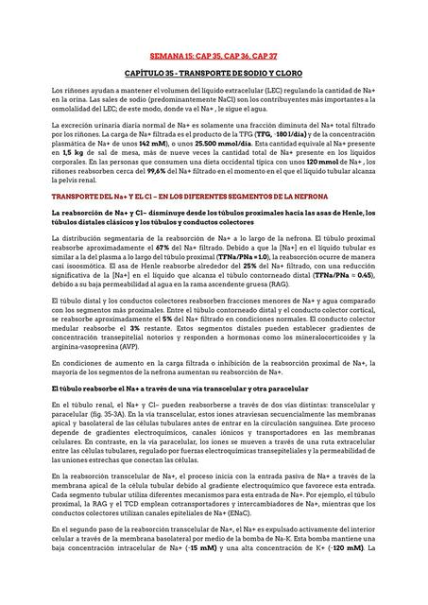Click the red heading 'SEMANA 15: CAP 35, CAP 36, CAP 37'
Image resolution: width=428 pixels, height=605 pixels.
pos(213,57)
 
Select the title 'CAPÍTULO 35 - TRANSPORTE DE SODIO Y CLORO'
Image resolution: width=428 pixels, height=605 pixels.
pos(214,72)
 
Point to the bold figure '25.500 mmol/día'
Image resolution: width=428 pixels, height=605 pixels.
pos(200,142)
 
